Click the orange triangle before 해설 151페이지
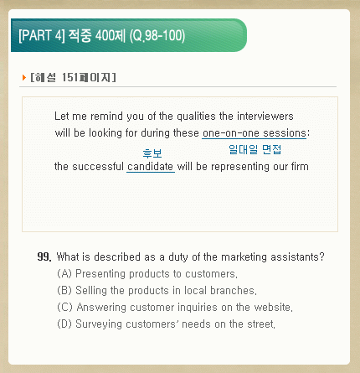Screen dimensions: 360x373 24,77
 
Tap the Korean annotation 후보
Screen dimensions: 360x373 152,153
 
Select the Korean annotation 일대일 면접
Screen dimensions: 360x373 255,149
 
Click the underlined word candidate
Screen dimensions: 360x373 150,167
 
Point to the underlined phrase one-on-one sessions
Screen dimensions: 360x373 255,133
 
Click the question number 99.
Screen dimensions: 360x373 44,256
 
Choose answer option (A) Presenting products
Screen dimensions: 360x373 147,273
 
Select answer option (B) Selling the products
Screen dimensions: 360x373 157,290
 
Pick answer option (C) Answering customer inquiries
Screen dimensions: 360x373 175,307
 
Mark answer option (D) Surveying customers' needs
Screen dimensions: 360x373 167,324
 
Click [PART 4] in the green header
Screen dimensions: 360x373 42,36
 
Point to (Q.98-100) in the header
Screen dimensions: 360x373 157,36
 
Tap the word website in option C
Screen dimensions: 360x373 273,307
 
